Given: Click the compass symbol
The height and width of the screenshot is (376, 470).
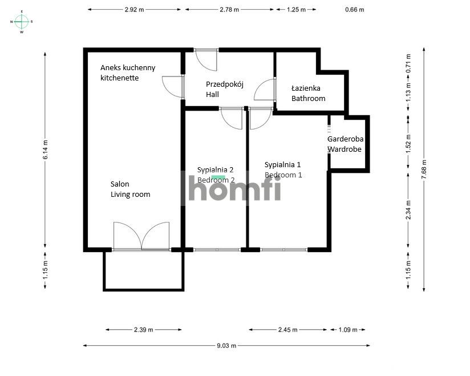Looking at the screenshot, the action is (x=22, y=22).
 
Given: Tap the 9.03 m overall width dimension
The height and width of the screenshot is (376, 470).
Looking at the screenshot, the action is (x=226, y=345).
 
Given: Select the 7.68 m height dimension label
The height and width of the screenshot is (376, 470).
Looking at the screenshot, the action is (x=424, y=169).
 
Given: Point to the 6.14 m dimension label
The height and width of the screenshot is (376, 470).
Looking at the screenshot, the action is (x=45, y=149).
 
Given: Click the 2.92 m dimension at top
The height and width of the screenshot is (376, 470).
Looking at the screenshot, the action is (x=134, y=10).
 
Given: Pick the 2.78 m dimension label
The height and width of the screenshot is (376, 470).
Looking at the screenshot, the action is (x=229, y=10).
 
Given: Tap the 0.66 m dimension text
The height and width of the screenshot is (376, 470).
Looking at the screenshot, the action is (x=355, y=10).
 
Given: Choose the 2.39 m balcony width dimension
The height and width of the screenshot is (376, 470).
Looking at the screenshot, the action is (x=144, y=330).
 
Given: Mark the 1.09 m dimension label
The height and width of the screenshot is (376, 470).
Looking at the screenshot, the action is (x=348, y=330).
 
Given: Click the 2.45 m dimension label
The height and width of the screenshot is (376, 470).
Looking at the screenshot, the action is (x=287, y=330).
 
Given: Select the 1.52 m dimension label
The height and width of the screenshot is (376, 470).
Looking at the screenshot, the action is (x=408, y=143).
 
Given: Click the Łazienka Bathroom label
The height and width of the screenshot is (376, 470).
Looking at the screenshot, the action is (x=308, y=93).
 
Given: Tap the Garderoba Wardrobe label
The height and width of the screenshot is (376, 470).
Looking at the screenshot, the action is (x=345, y=144).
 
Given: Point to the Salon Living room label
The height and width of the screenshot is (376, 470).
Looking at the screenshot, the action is (x=131, y=189).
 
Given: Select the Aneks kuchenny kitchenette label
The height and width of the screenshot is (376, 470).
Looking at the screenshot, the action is (x=128, y=73).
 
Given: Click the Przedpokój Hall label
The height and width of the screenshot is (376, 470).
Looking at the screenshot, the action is (x=225, y=89).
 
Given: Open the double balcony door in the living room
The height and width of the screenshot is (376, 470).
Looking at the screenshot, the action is (x=141, y=236).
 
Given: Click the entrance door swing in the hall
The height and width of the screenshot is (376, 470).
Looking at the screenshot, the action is (x=206, y=60).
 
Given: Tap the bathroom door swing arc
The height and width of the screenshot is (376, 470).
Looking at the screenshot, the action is (x=264, y=90).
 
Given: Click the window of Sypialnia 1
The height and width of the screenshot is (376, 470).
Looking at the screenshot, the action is (x=284, y=249).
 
